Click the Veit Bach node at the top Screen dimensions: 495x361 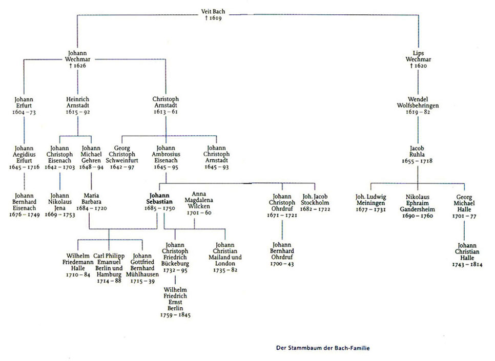pyautogui.click(x=213, y=14)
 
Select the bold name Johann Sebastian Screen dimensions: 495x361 pyautogui.click(x=159, y=199)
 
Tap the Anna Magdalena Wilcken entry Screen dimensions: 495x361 pyautogui.click(x=199, y=203)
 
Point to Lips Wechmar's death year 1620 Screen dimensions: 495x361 pyautogui.click(x=418, y=66)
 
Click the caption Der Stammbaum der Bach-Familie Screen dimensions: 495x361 pyautogui.click(x=323, y=348)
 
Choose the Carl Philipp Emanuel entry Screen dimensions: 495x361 pyautogui.click(x=109, y=268)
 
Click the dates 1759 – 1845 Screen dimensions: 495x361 pyautogui.click(x=175, y=315)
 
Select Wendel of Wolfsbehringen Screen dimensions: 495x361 pyautogui.click(x=418, y=105)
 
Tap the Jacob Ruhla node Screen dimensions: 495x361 pyautogui.click(x=417, y=154)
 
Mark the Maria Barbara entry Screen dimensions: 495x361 pyautogui.click(x=92, y=202)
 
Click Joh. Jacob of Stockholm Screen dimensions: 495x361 pyautogui.click(x=315, y=203)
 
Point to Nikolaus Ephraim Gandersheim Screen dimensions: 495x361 pyautogui.click(x=417, y=206)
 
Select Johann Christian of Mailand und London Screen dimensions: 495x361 pyautogui.click(x=225, y=257)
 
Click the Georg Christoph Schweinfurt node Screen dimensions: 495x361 pyautogui.click(x=122, y=157)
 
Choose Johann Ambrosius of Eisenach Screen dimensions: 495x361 pyautogui.click(x=166, y=157)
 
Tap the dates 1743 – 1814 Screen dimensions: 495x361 pyautogui.click(x=467, y=264)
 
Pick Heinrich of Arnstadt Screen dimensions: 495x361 pyautogui.click(x=78, y=105)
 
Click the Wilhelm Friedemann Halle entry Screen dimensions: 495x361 pyautogui.click(x=78, y=265)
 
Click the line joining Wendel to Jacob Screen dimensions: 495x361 pyautogui.click(x=418, y=130)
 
